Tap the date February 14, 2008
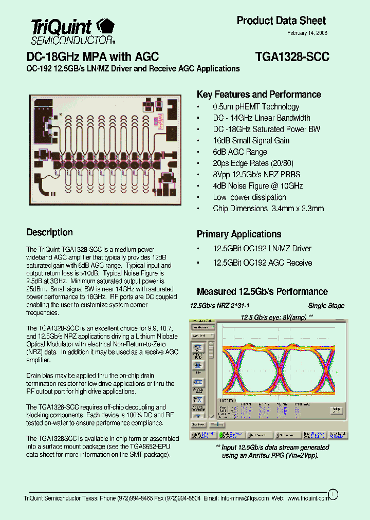point(307,33)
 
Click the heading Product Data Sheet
point(281,21)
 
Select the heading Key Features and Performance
point(259,95)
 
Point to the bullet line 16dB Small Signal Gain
point(251,141)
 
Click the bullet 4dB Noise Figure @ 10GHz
point(257,186)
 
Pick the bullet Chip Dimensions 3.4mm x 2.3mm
point(268,209)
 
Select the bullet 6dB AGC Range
point(240,152)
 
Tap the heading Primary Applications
point(239,234)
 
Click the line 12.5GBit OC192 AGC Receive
point(262,263)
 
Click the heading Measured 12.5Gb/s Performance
point(262,292)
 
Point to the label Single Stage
point(326,306)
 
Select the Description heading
point(50,232)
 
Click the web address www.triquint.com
point(307,498)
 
